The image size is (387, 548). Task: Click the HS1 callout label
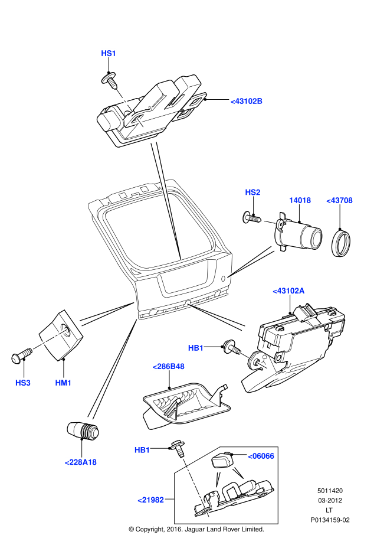click(109, 53)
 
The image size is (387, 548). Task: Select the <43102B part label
click(247, 101)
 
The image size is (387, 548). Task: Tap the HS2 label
click(252, 193)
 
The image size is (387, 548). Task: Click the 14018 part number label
click(300, 200)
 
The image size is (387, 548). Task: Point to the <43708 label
click(339, 200)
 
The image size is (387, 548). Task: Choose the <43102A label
click(288, 291)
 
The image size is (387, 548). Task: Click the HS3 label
click(23, 383)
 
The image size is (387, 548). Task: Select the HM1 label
click(63, 383)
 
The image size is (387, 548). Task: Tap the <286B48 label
click(168, 367)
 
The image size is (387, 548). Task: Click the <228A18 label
click(80, 462)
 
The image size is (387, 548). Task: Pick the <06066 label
click(260, 456)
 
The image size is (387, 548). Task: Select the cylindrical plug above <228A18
click(82, 429)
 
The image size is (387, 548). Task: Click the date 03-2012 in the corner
click(330, 500)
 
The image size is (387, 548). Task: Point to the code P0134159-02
click(330, 520)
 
